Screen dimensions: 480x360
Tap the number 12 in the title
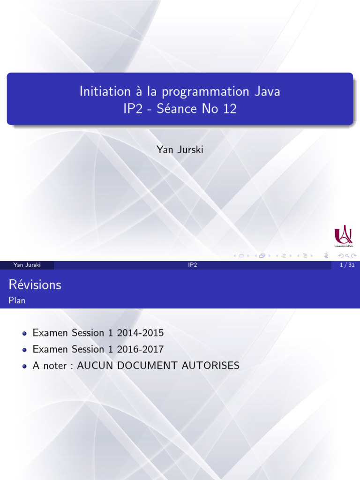click(230, 109)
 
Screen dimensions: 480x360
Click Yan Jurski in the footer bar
click(27, 265)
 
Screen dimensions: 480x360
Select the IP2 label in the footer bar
click(192, 265)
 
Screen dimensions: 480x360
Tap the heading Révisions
click(35, 285)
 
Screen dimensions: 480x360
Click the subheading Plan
click(17, 300)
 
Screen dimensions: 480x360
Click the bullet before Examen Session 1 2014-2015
click(24, 334)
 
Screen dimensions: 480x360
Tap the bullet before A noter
click(24, 366)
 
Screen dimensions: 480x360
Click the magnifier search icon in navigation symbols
click(347, 256)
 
